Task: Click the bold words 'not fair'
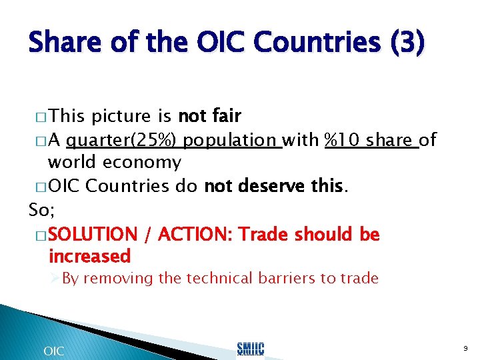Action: coord(209,116)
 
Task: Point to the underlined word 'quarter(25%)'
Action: coord(123,140)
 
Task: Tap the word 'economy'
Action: coord(148,162)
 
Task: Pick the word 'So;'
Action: coord(42,210)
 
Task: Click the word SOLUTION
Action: coord(93,234)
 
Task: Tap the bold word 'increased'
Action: coord(89,256)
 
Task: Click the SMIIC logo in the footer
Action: coord(251,349)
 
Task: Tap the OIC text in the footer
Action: coord(53,351)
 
